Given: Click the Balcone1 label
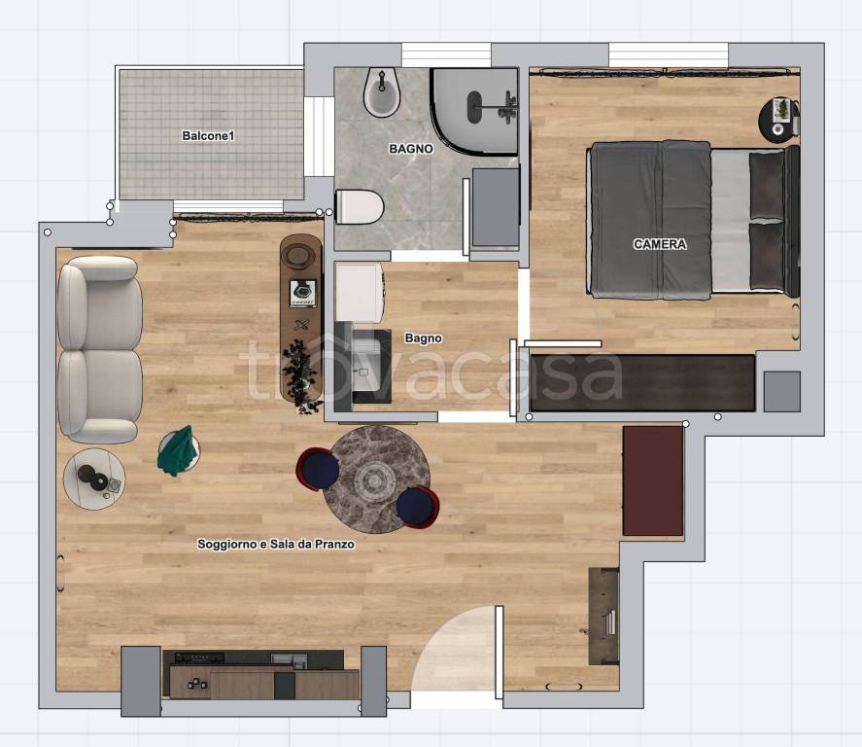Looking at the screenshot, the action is [208, 135].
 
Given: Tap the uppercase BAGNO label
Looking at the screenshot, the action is [411, 149].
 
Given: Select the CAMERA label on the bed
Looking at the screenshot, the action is [660, 244].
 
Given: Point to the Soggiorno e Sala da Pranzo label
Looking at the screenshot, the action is [276, 544].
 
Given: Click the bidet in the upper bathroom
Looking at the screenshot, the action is [382, 92].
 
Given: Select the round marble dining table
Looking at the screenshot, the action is [376, 480].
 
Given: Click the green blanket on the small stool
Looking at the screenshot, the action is [178, 450].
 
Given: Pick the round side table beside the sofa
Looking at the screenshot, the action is [94, 479].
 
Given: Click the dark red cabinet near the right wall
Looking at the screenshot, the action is [653, 480].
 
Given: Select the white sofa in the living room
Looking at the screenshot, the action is [100, 349].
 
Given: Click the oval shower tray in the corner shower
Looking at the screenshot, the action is [474, 107].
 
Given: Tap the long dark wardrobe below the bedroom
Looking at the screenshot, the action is [642, 383].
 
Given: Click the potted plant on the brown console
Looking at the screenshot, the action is [300, 375].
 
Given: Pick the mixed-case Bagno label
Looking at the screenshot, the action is [424, 338].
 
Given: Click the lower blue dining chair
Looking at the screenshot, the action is [418, 507].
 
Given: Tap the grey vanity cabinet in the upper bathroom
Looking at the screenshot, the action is [496, 207].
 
